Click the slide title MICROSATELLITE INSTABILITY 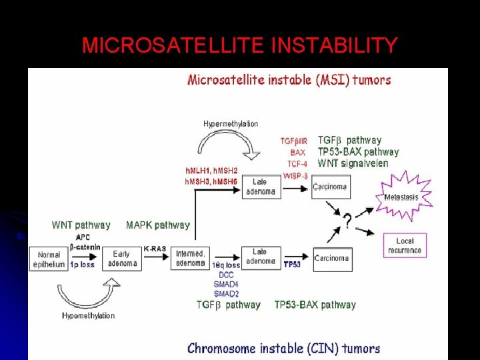(239, 45)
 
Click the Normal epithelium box (48, 259)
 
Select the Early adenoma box (121, 259)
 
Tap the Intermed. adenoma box (190, 259)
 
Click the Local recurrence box (405, 245)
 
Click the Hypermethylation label (231, 124)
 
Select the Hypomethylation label (88, 315)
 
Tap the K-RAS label (155, 249)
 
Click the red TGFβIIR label (294, 141)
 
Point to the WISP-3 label (295, 176)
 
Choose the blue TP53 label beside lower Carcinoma (292, 264)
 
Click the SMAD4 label (227, 284)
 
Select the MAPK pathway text (158, 225)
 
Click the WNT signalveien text (353, 163)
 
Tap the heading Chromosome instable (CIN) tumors (283, 348)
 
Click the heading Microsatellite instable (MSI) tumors (289, 80)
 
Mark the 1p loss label (83, 264)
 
